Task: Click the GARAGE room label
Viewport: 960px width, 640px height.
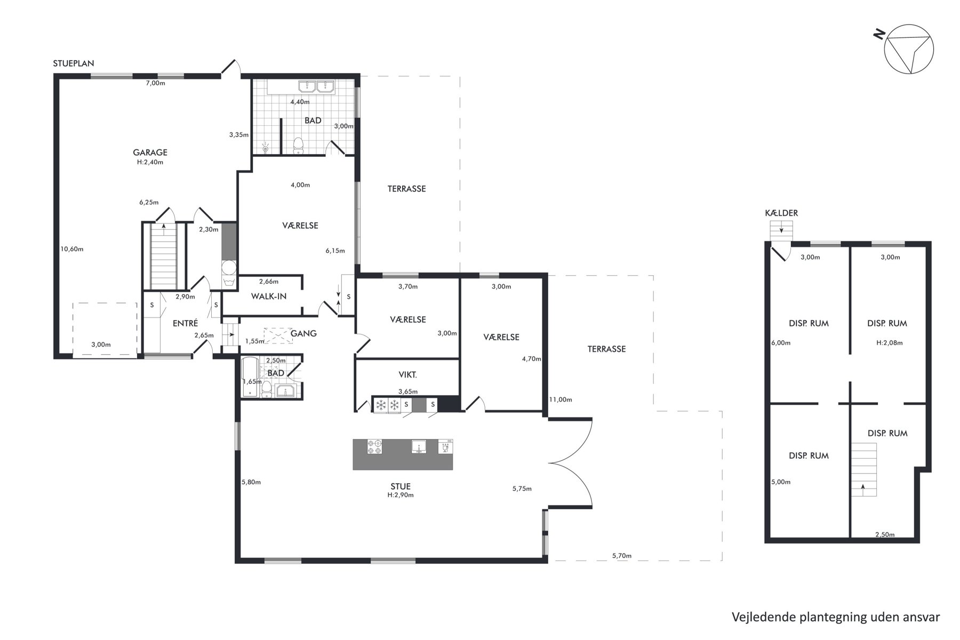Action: pyautogui.click(x=150, y=153)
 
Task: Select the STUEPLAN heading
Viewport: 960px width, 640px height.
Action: pyautogui.click(x=74, y=63)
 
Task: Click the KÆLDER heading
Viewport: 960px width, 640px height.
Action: pyautogui.click(x=781, y=213)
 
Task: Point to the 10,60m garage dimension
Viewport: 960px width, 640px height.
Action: pyautogui.click(x=72, y=249)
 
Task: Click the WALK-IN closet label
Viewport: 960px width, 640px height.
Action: pyautogui.click(x=269, y=296)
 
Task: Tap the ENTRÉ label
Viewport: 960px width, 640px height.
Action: pyautogui.click(x=186, y=323)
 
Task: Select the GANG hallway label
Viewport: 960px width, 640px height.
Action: pyautogui.click(x=303, y=333)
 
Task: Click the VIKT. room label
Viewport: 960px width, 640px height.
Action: pyautogui.click(x=407, y=375)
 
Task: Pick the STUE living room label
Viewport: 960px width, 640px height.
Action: pyautogui.click(x=401, y=486)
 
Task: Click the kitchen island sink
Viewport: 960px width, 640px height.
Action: pyautogui.click(x=419, y=447)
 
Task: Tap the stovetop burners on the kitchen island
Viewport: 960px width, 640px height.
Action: pyautogui.click(x=374, y=447)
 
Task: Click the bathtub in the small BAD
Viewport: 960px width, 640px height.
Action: pyautogui.click(x=250, y=378)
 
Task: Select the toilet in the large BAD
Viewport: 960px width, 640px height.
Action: pyautogui.click(x=299, y=145)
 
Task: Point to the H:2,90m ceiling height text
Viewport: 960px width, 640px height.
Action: pyautogui.click(x=401, y=495)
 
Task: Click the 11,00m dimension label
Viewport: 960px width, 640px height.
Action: pyautogui.click(x=561, y=399)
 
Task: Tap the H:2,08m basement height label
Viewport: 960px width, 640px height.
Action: pyautogui.click(x=890, y=343)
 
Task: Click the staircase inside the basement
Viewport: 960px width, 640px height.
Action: pyautogui.click(x=863, y=470)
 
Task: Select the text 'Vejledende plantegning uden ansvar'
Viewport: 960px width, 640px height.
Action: pyautogui.click(x=836, y=617)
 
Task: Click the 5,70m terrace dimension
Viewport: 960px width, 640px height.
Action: pyautogui.click(x=622, y=556)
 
